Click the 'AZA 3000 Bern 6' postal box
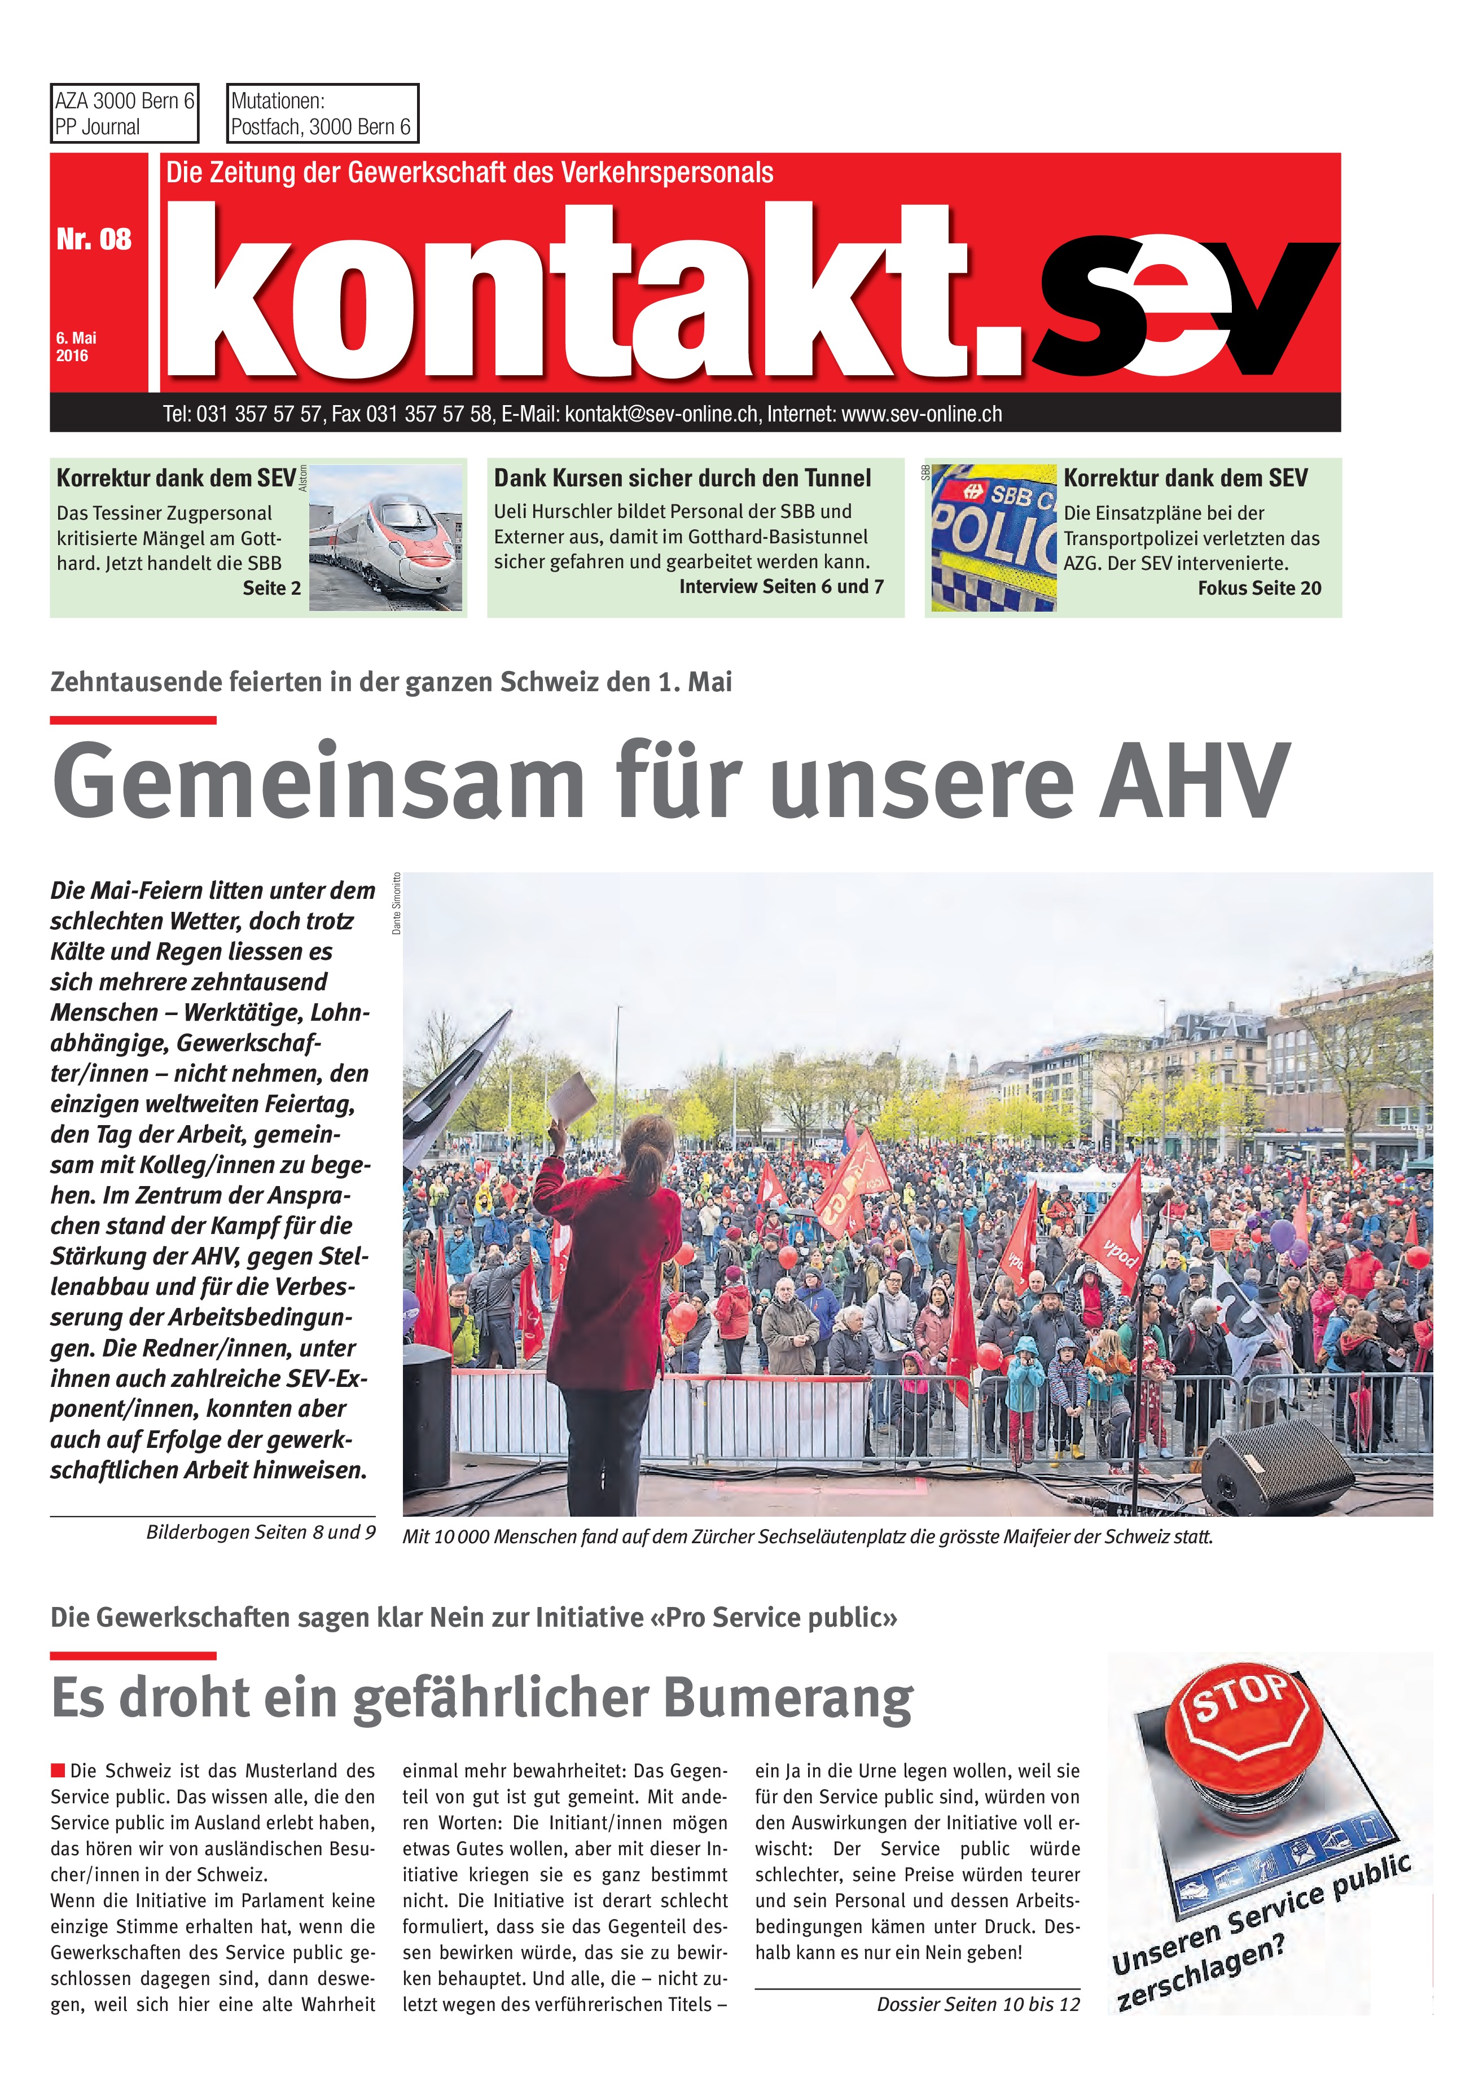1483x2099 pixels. click(x=124, y=113)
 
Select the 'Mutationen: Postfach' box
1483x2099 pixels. click(x=322, y=113)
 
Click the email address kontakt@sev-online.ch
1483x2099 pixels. click(x=661, y=414)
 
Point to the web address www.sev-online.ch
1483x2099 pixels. click(x=921, y=414)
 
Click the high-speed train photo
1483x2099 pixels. click(x=386, y=538)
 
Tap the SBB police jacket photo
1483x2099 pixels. click(x=993, y=538)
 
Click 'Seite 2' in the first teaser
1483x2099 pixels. click(x=271, y=589)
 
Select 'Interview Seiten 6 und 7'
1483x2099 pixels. click(x=781, y=587)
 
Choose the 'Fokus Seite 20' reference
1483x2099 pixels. click(x=1259, y=589)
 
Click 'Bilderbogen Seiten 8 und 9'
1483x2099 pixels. click(x=261, y=1532)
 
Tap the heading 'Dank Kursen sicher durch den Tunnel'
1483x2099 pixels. click(x=682, y=478)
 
